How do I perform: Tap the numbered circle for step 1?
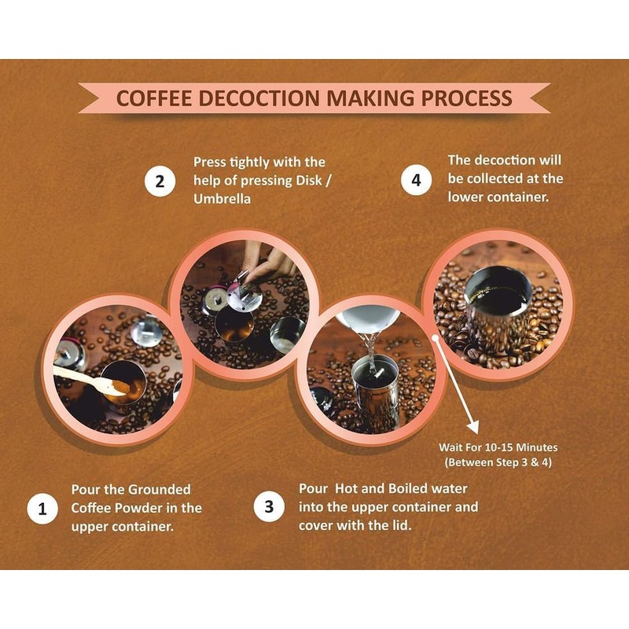coord(42,509)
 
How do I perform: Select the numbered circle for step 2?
coord(160,182)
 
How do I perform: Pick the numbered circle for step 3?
coord(270,507)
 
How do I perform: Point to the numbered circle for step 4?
coord(416,180)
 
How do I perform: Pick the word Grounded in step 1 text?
coord(156,489)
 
